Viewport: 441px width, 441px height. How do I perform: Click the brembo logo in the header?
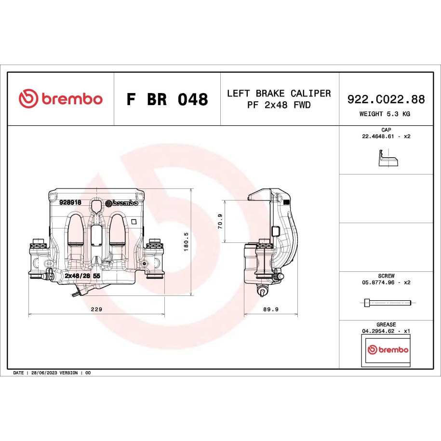point(60,98)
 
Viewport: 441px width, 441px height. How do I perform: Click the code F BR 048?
point(167,99)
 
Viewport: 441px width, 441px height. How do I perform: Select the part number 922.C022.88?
point(386,99)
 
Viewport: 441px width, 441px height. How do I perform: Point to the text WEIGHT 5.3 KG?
point(385,114)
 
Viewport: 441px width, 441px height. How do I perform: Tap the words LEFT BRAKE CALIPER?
point(279,93)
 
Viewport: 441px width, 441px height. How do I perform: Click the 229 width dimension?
point(96,309)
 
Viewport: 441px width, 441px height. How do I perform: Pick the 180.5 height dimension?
point(186,242)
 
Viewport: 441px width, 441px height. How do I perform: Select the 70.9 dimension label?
point(220,221)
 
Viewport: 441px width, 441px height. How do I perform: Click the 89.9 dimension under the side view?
point(271,309)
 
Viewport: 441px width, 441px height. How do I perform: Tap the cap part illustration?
point(388,159)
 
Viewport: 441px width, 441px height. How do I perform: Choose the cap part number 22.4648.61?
point(378,136)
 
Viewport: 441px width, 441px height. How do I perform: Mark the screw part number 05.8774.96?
point(378,282)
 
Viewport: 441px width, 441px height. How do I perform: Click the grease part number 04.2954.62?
point(378,331)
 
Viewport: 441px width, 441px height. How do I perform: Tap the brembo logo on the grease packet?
point(388,349)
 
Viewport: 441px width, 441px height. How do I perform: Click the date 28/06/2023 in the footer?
point(44,373)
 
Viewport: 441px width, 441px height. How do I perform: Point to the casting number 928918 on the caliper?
point(70,202)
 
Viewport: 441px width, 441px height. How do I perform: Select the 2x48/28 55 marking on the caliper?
point(82,276)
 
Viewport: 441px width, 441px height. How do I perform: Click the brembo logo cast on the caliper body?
point(122,203)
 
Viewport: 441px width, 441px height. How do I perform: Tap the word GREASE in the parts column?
point(386,324)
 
